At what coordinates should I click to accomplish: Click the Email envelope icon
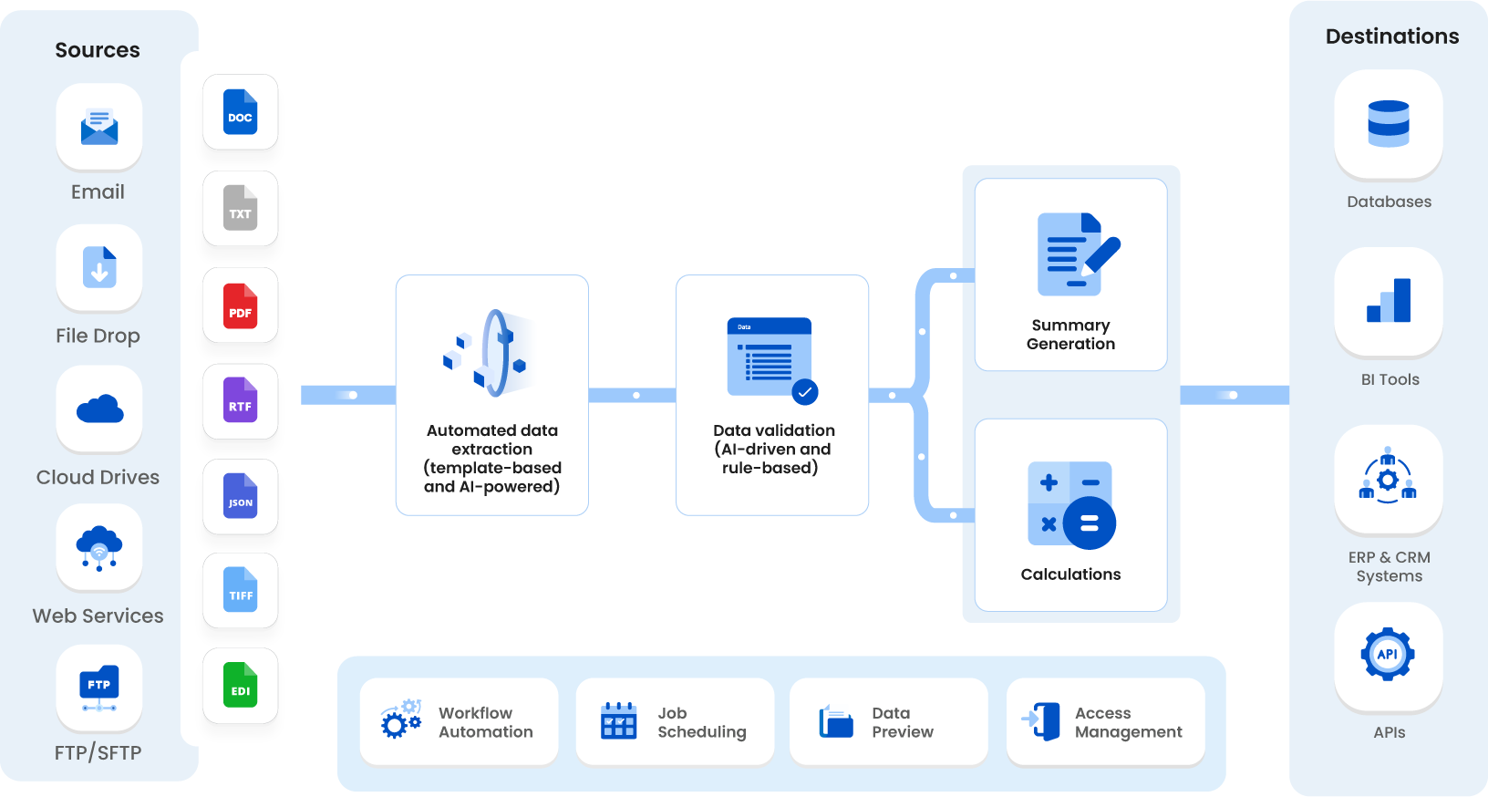point(99,127)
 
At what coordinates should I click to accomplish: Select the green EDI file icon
point(240,685)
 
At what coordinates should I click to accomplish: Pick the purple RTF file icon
point(240,400)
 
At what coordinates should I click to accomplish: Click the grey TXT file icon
point(240,208)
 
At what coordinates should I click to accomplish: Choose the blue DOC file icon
point(240,112)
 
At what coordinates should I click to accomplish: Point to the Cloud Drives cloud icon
point(99,409)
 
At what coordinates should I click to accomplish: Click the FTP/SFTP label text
point(98,752)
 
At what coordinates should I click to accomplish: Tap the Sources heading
point(98,50)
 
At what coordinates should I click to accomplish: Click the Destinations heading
point(1391,36)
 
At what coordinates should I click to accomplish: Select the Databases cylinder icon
point(1388,123)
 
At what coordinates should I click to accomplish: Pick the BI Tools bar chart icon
point(1388,301)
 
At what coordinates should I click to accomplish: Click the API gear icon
point(1387,654)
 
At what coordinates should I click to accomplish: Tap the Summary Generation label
point(1070,335)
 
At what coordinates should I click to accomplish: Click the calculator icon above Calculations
point(1071,504)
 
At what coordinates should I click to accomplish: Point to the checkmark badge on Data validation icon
point(804,392)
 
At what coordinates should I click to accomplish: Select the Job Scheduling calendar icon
point(618,720)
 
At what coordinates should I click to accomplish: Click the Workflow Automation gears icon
point(401,719)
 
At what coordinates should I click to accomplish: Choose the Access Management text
point(1128,722)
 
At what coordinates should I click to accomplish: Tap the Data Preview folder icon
point(835,721)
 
